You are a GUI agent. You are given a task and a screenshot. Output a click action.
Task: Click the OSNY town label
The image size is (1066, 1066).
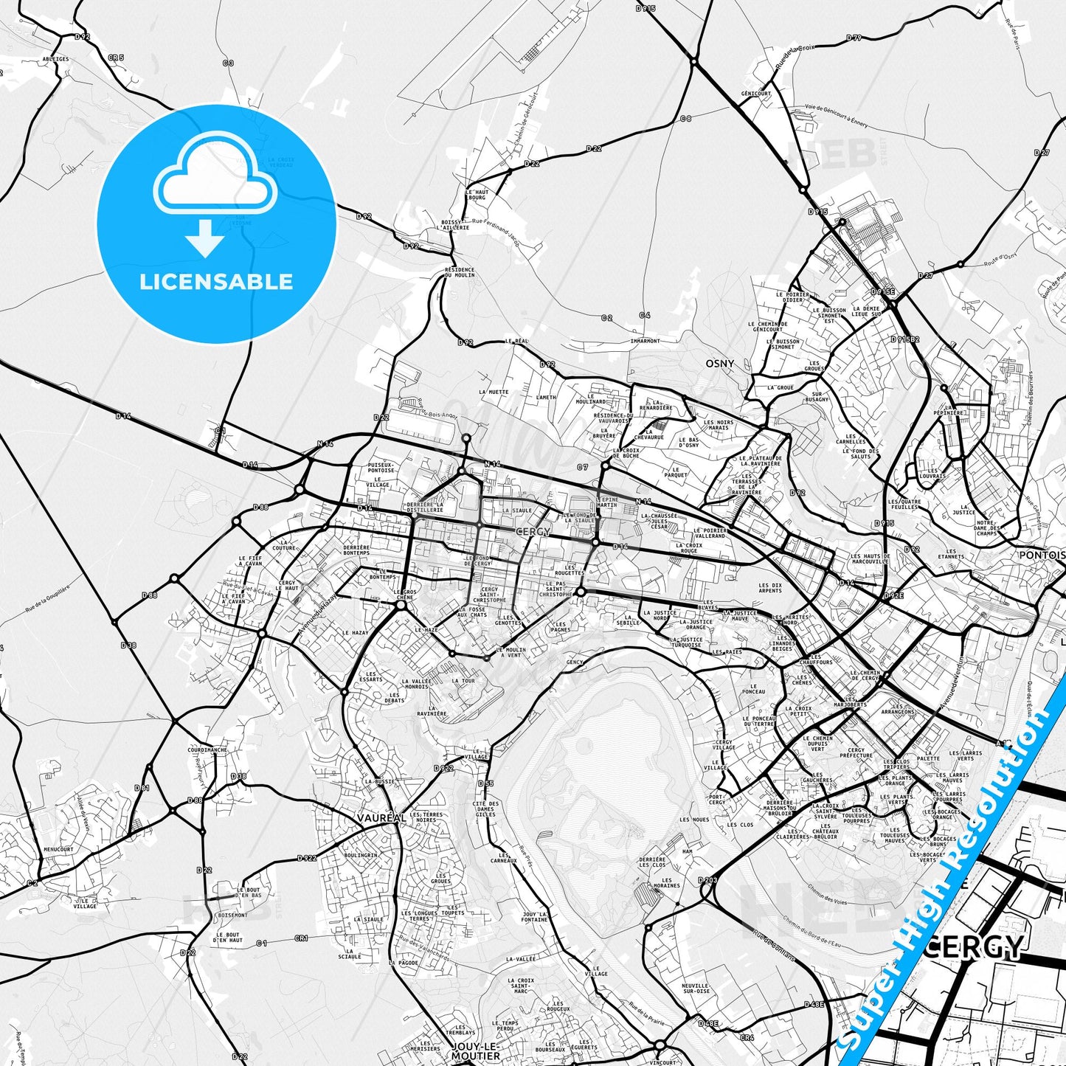(719, 364)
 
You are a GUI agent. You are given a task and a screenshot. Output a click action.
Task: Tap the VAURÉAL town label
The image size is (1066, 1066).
(381, 818)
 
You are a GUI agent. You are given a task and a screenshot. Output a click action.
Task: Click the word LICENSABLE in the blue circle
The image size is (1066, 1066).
(216, 282)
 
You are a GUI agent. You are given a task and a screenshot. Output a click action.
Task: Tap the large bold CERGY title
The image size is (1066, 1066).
(973, 946)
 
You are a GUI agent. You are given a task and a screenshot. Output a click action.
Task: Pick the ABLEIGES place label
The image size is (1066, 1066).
(56, 59)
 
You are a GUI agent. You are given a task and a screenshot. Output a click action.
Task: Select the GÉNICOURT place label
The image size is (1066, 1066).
(755, 94)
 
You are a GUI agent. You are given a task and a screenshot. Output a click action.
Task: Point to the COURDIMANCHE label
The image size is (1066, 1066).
(207, 750)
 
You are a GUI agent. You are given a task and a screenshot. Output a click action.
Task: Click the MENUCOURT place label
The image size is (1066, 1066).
(58, 849)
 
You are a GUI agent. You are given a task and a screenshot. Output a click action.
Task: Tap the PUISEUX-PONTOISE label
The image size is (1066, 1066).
(381, 467)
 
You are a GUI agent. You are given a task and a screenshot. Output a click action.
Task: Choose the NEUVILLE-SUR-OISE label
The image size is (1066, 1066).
(696, 989)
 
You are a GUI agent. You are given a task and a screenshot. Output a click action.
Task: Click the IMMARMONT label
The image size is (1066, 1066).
(646, 341)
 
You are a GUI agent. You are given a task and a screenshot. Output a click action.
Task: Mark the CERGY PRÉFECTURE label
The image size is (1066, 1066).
(856, 752)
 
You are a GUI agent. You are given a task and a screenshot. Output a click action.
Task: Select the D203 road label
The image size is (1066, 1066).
(707, 880)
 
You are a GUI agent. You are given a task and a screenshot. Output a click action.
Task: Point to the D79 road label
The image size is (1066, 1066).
(854, 38)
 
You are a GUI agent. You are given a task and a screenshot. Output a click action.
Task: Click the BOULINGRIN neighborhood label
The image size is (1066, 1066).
(361, 856)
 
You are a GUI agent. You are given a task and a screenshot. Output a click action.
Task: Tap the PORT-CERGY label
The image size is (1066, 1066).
(717, 799)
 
